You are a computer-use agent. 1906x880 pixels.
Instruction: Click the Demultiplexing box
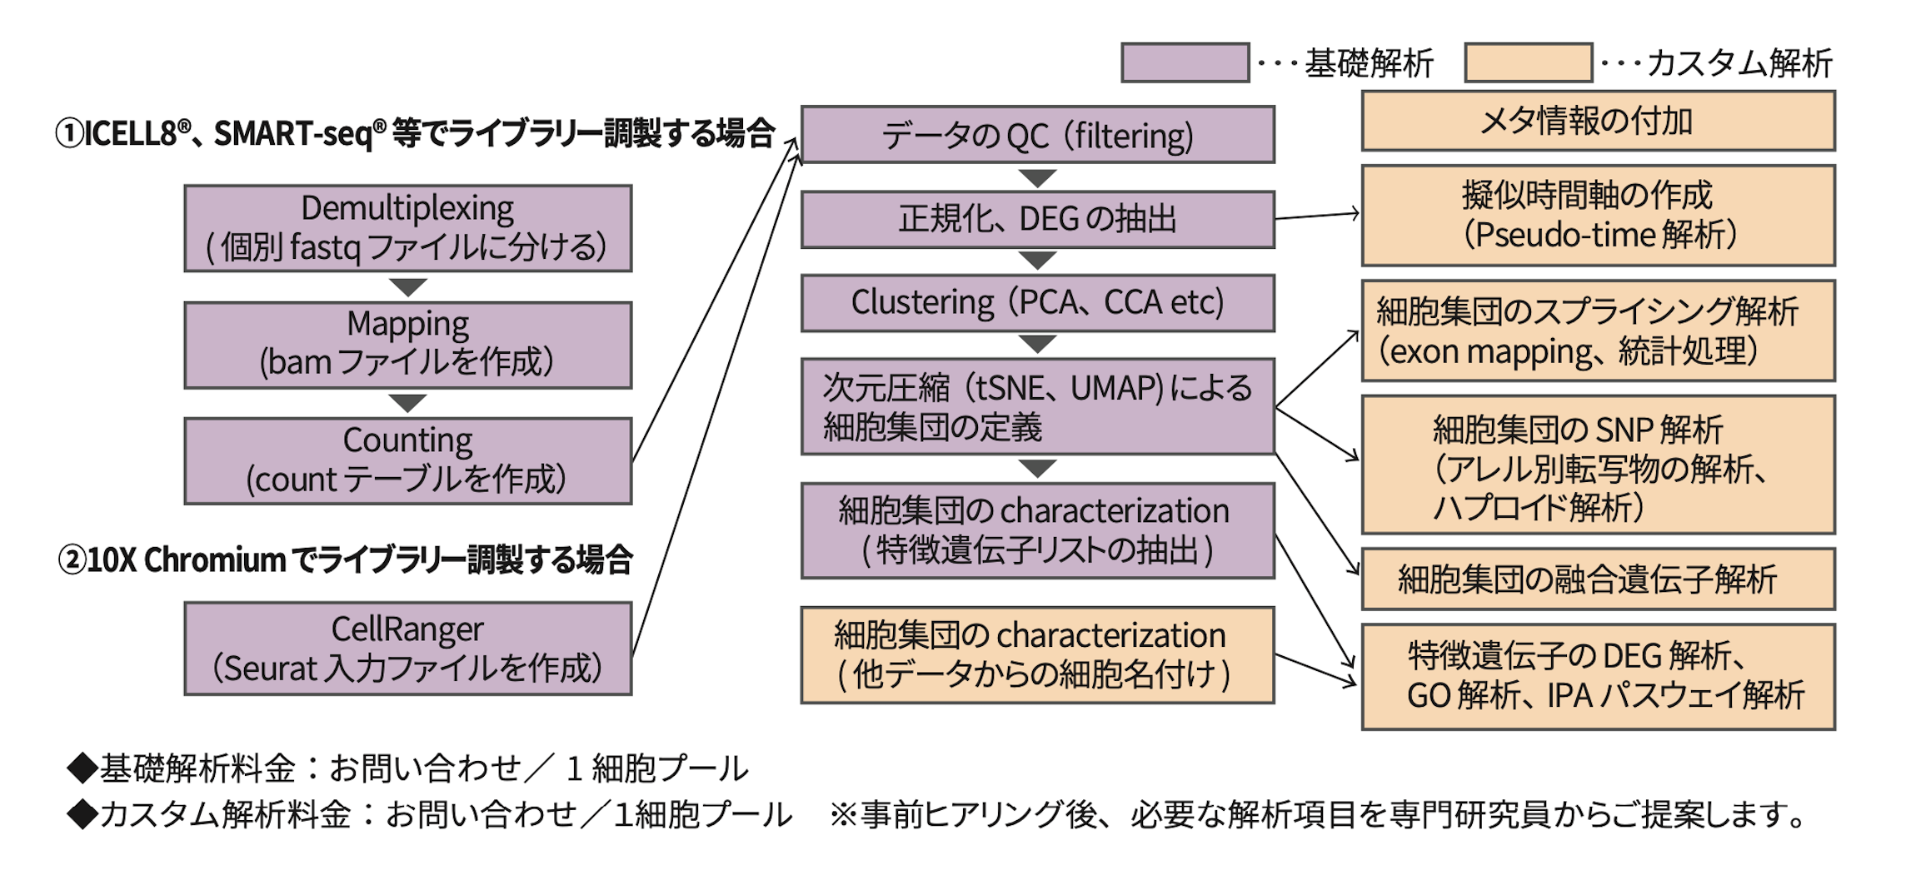407,228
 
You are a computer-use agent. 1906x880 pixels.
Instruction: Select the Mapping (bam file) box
407,345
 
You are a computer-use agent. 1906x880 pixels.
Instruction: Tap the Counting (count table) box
407,460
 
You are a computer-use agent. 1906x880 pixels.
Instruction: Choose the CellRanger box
407,649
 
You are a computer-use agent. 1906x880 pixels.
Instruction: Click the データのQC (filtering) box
1037,135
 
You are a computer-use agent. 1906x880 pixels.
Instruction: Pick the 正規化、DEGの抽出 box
1037,220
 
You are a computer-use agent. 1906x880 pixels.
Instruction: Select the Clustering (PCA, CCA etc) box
1037,303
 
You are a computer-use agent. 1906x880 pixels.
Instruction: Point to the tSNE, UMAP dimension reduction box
1037,407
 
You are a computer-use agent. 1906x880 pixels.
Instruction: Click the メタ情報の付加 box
1598,122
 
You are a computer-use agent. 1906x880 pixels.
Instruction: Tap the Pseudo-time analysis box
1598,216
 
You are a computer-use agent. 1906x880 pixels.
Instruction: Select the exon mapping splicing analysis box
1598,331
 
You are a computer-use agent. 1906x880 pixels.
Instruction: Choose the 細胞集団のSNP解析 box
1598,465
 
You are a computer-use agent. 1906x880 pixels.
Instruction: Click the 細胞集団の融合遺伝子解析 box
1598,579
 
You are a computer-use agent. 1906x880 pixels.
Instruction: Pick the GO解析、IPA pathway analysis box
1598,677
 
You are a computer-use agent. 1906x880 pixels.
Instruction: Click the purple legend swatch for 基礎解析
1185,63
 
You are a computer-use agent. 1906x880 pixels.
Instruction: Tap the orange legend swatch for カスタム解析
1528,63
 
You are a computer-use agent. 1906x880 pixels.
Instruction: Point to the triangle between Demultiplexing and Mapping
407,287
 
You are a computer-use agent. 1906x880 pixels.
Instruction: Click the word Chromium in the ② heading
215,560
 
